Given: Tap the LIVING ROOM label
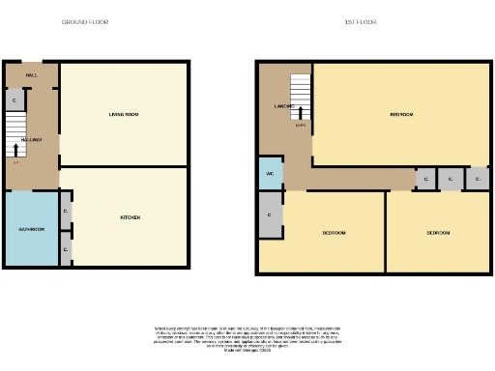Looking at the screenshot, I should [x=124, y=115].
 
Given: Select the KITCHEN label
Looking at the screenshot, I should [x=131, y=217].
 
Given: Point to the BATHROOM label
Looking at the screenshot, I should [x=31, y=230].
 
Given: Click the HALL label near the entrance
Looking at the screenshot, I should [x=31, y=74].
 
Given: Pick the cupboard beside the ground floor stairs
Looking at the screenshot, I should [x=14, y=100].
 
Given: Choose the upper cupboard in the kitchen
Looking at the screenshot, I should [x=66, y=211].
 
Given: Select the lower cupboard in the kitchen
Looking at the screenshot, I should [x=66, y=248].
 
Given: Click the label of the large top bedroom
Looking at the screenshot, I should [x=401, y=114].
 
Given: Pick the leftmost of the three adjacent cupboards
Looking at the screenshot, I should [x=425, y=180].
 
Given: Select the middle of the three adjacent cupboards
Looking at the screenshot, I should [x=451, y=180].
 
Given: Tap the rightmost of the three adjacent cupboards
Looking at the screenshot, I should [x=476, y=180].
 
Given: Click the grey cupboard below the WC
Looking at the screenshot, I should [x=270, y=214].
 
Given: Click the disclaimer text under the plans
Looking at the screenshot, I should [x=247, y=340].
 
